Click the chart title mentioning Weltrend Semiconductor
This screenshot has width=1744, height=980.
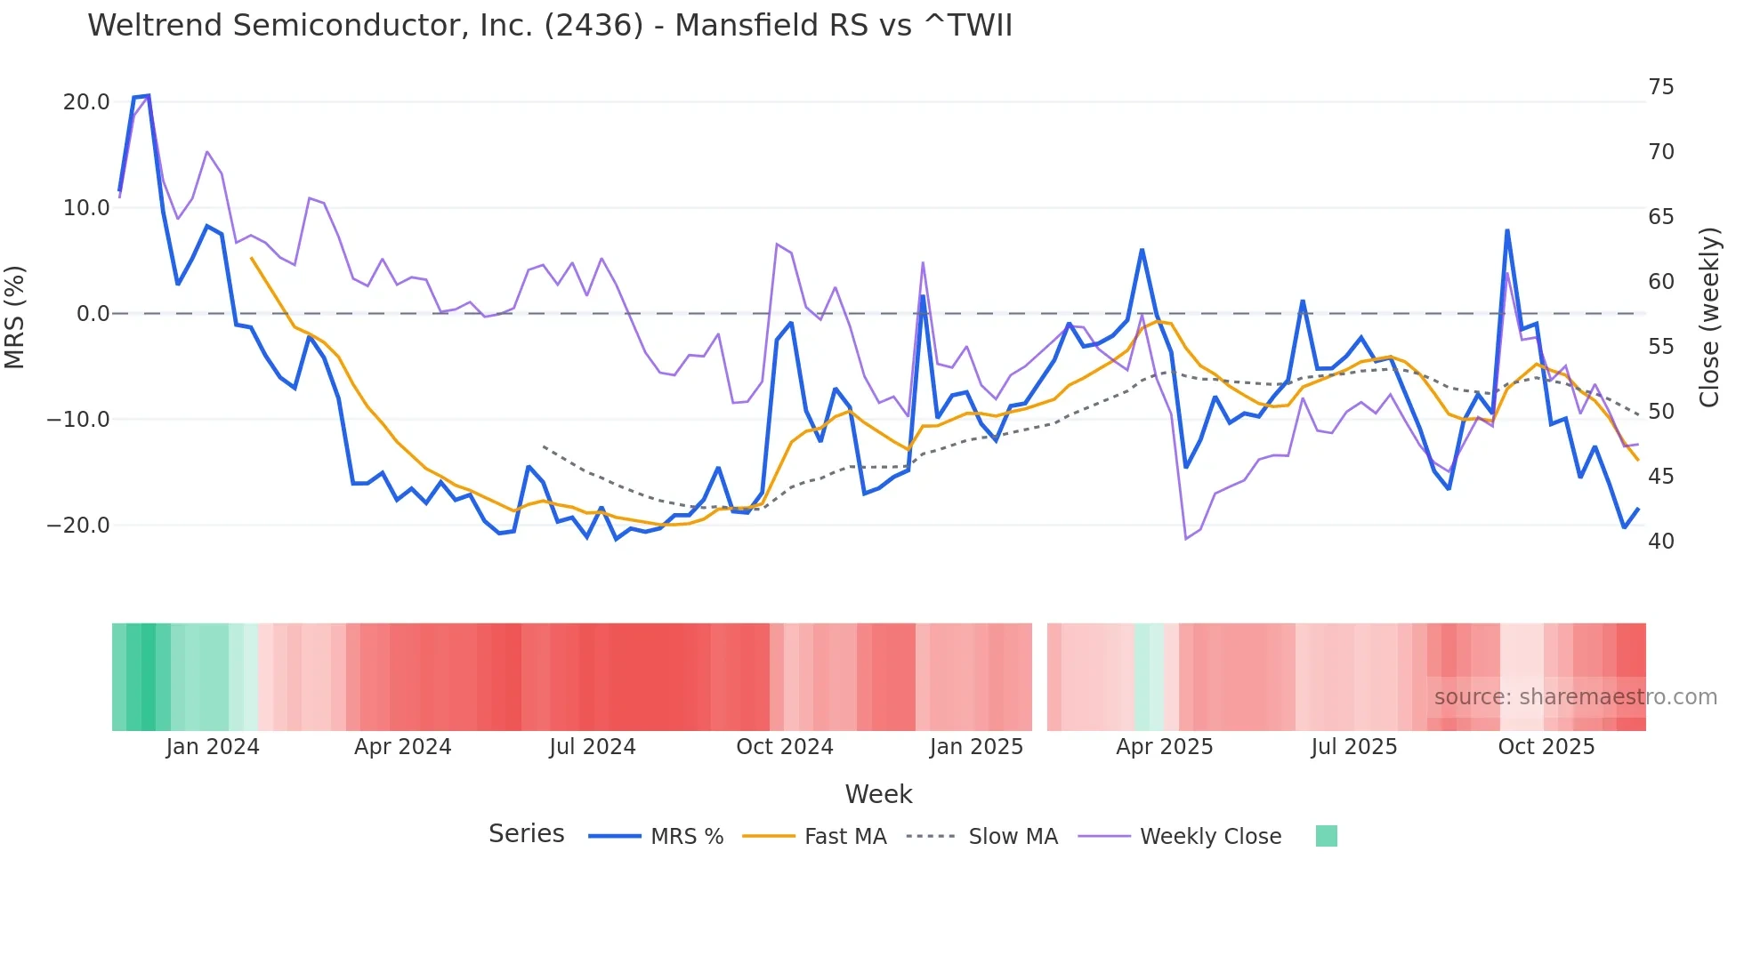tap(549, 26)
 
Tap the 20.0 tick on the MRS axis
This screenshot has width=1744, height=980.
tap(86, 102)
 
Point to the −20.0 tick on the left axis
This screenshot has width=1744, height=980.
tap(79, 526)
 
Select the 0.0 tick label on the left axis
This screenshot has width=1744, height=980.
tap(93, 314)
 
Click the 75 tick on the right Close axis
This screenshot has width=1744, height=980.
tap(1660, 87)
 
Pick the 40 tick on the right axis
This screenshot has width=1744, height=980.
tap(1660, 542)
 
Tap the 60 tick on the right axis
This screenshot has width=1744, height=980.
tap(1660, 282)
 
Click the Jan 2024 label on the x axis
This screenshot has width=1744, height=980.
tap(213, 747)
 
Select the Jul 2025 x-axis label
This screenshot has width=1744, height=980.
tap(1353, 747)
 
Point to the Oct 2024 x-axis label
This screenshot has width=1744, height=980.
tap(784, 747)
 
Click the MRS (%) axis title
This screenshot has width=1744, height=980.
tap(15, 317)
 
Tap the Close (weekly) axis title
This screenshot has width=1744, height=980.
tap(1708, 317)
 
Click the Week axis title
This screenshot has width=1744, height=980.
tap(878, 794)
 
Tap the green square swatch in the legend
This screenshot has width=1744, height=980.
tap(1326, 837)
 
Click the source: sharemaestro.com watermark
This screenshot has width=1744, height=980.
tap(1575, 697)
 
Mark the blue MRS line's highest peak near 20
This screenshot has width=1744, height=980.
tap(148, 95)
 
